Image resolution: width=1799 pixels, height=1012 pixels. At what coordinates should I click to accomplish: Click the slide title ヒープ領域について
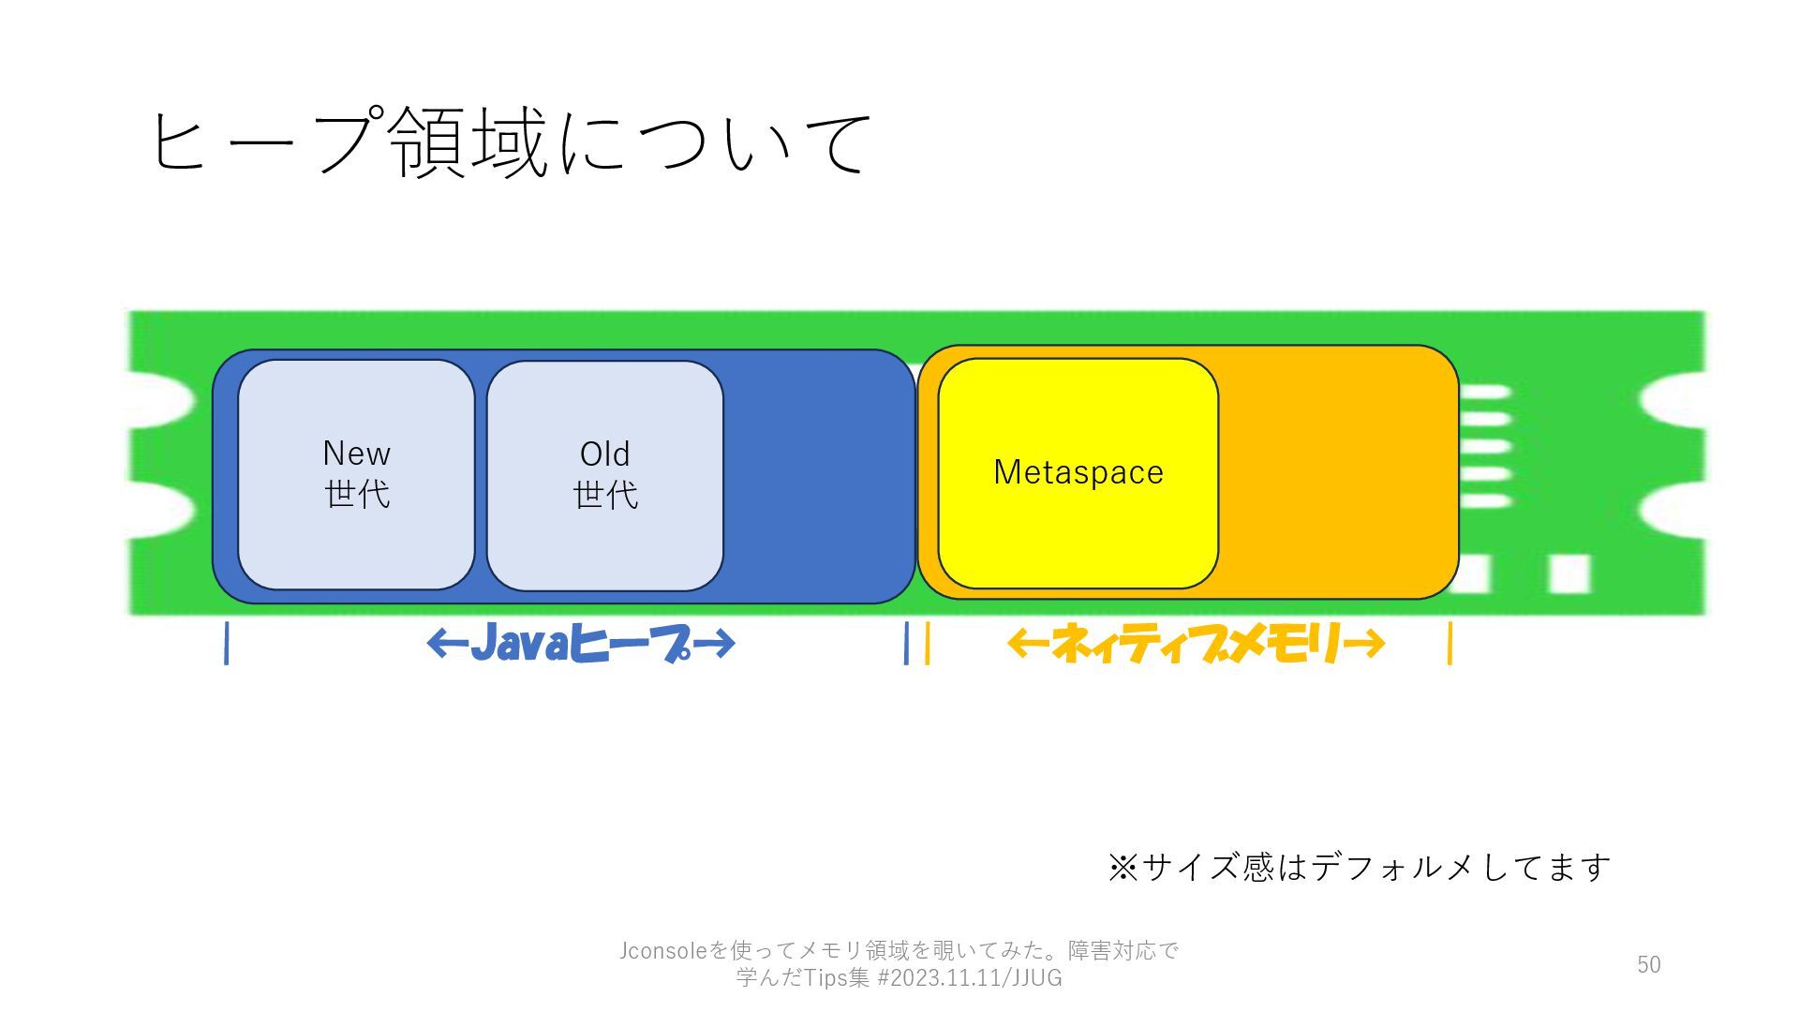tap(511, 142)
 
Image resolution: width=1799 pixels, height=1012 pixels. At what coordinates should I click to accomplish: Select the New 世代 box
tap(356, 474)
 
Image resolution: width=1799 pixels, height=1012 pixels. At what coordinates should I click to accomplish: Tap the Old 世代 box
tap(604, 475)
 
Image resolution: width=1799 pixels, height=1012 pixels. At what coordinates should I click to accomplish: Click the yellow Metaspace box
tap(1078, 525)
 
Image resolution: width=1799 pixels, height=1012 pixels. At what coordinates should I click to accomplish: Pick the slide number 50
tap(1648, 964)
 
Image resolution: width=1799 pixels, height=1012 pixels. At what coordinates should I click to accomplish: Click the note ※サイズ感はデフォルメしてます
tap(1359, 867)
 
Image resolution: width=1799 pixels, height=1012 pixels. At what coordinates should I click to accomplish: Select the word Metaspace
tap(1078, 471)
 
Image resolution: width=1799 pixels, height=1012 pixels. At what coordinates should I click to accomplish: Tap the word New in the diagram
tap(356, 454)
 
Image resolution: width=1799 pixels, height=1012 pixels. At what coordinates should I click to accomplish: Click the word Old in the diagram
tap(604, 454)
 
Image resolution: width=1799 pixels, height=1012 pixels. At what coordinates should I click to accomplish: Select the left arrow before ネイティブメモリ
tap(1028, 644)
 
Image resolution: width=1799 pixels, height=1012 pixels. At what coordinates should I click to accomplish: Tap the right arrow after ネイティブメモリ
tap(1363, 644)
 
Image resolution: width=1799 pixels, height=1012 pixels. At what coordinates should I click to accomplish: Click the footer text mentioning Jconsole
tap(898, 950)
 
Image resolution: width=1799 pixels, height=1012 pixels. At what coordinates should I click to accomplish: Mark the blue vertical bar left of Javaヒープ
tap(227, 644)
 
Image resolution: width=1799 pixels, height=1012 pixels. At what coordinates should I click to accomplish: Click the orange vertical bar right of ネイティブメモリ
tap(1450, 644)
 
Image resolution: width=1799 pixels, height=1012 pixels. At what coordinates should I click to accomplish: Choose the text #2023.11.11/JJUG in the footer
tap(969, 978)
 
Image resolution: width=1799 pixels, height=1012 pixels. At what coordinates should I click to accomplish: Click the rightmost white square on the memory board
tap(1569, 573)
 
